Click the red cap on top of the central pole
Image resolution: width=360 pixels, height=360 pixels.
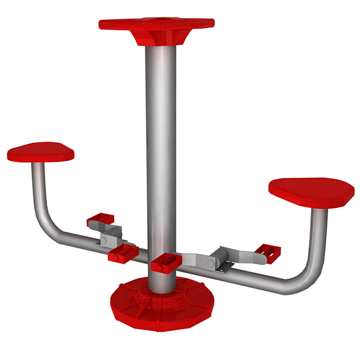pyautogui.click(x=156, y=24)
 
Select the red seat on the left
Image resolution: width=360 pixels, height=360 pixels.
pyautogui.click(x=41, y=151)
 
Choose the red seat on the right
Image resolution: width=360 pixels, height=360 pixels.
pyautogui.click(x=312, y=192)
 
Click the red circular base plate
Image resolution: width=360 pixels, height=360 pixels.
pyautogui.click(x=160, y=304)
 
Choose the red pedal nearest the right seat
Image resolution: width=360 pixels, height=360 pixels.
pyautogui.click(x=267, y=252)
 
